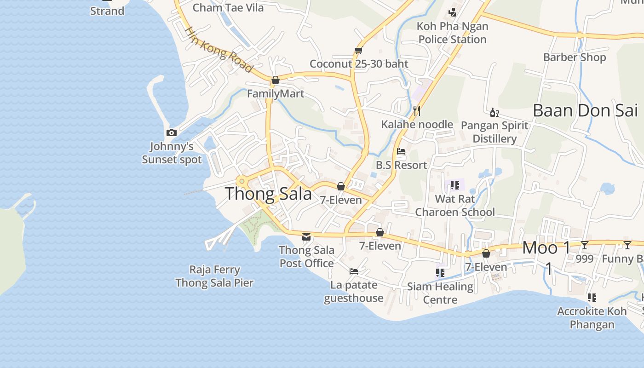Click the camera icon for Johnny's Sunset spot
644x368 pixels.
(x=172, y=133)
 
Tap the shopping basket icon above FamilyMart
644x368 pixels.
(x=276, y=80)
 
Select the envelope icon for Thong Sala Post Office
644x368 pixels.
(x=306, y=237)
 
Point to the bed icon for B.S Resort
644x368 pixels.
(x=401, y=151)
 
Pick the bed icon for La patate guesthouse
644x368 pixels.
(x=354, y=271)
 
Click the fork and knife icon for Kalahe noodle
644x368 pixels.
(x=417, y=110)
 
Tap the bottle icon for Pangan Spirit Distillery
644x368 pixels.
(x=494, y=112)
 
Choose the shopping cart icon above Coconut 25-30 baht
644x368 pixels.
(x=359, y=50)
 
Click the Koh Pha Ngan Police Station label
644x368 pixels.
(x=452, y=33)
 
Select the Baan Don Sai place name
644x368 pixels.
(x=585, y=110)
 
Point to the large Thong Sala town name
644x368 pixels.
(x=268, y=194)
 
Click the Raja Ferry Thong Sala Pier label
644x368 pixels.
(x=214, y=276)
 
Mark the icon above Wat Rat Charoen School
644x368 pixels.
(x=454, y=185)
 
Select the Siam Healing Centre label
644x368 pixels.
(x=440, y=293)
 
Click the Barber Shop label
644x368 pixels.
(x=575, y=57)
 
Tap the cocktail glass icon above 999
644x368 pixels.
(x=585, y=245)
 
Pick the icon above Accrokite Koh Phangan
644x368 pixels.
(x=592, y=298)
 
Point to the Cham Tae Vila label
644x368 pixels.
(x=228, y=8)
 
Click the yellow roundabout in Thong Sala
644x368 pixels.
(x=241, y=181)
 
